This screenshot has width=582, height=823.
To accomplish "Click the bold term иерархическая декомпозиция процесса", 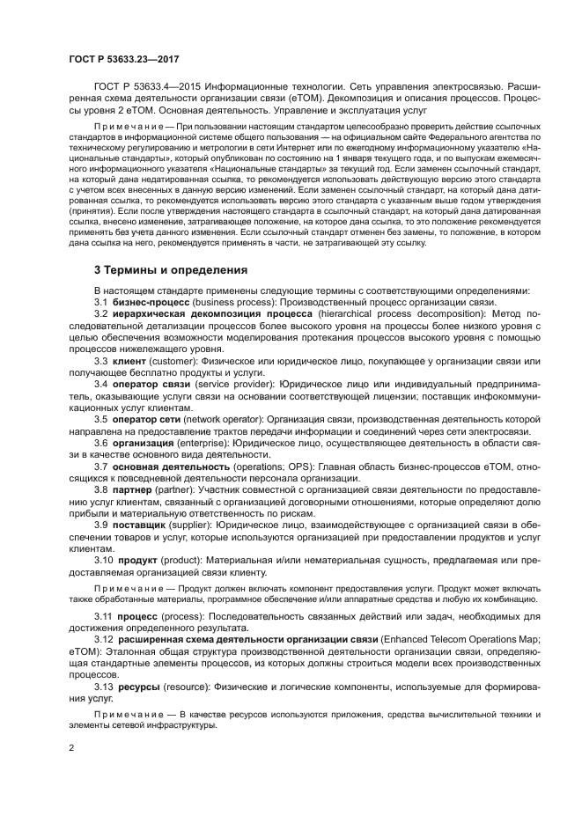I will pyautogui.click(x=207, y=312).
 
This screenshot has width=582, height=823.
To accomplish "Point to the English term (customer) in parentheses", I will pyautogui.click(x=173, y=361).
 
